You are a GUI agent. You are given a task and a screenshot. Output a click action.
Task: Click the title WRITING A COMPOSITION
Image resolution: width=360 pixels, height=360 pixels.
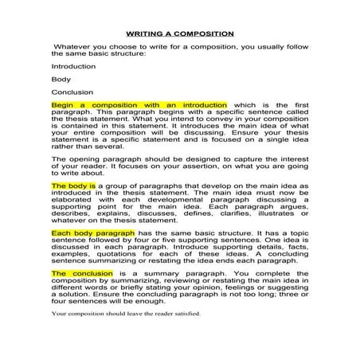tap(179, 33)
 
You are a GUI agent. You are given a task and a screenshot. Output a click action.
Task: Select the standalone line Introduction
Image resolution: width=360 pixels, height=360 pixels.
tap(73, 67)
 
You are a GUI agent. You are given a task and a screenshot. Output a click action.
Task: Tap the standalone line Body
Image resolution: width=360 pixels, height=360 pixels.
tap(61, 79)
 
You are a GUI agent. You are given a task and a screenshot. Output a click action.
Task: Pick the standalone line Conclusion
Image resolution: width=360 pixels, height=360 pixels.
tap(72, 92)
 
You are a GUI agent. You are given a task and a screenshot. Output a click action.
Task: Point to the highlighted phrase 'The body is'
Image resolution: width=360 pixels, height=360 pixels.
tap(73, 184)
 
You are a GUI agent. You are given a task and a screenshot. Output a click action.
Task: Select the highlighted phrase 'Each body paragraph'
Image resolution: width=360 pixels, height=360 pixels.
tap(92, 233)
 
